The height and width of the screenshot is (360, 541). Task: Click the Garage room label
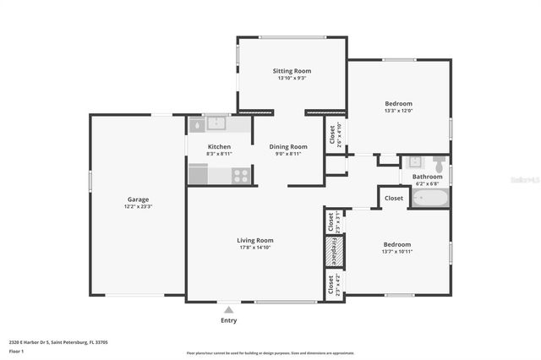[138, 199]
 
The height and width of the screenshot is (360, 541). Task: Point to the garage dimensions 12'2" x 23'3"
[138, 207]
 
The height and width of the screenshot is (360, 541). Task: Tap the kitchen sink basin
[217, 124]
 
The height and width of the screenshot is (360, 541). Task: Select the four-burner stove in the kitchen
[241, 176]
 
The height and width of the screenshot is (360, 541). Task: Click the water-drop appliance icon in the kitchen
[196, 124]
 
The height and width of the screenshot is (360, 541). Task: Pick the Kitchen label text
[219, 147]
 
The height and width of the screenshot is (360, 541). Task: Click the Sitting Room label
[291, 70]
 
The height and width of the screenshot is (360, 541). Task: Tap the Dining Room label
[291, 146]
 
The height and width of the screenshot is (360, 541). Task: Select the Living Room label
[254, 240]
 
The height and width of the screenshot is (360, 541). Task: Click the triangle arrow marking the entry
[228, 310]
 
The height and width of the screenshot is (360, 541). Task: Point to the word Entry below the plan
[228, 321]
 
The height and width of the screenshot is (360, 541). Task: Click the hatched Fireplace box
[332, 251]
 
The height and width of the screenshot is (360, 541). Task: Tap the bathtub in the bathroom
[429, 199]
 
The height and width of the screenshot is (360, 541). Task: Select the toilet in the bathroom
[439, 160]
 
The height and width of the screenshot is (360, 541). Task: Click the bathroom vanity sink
[415, 161]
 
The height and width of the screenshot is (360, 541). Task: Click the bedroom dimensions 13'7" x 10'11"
[396, 251]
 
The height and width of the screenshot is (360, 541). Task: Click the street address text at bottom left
[58, 342]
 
